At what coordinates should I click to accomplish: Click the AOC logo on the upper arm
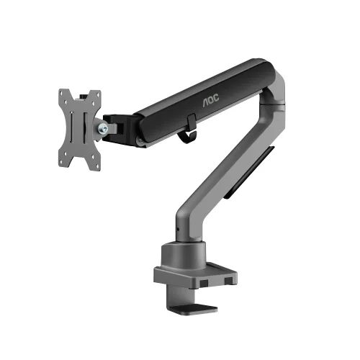pos(211,100)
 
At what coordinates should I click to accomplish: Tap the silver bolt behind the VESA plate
pos(103,129)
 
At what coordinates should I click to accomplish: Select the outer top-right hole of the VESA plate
pos(98,94)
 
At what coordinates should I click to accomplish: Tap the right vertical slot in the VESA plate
pos(86,129)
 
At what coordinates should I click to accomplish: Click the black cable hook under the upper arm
pos(188,131)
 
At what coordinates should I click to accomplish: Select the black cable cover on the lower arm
pos(249,172)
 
